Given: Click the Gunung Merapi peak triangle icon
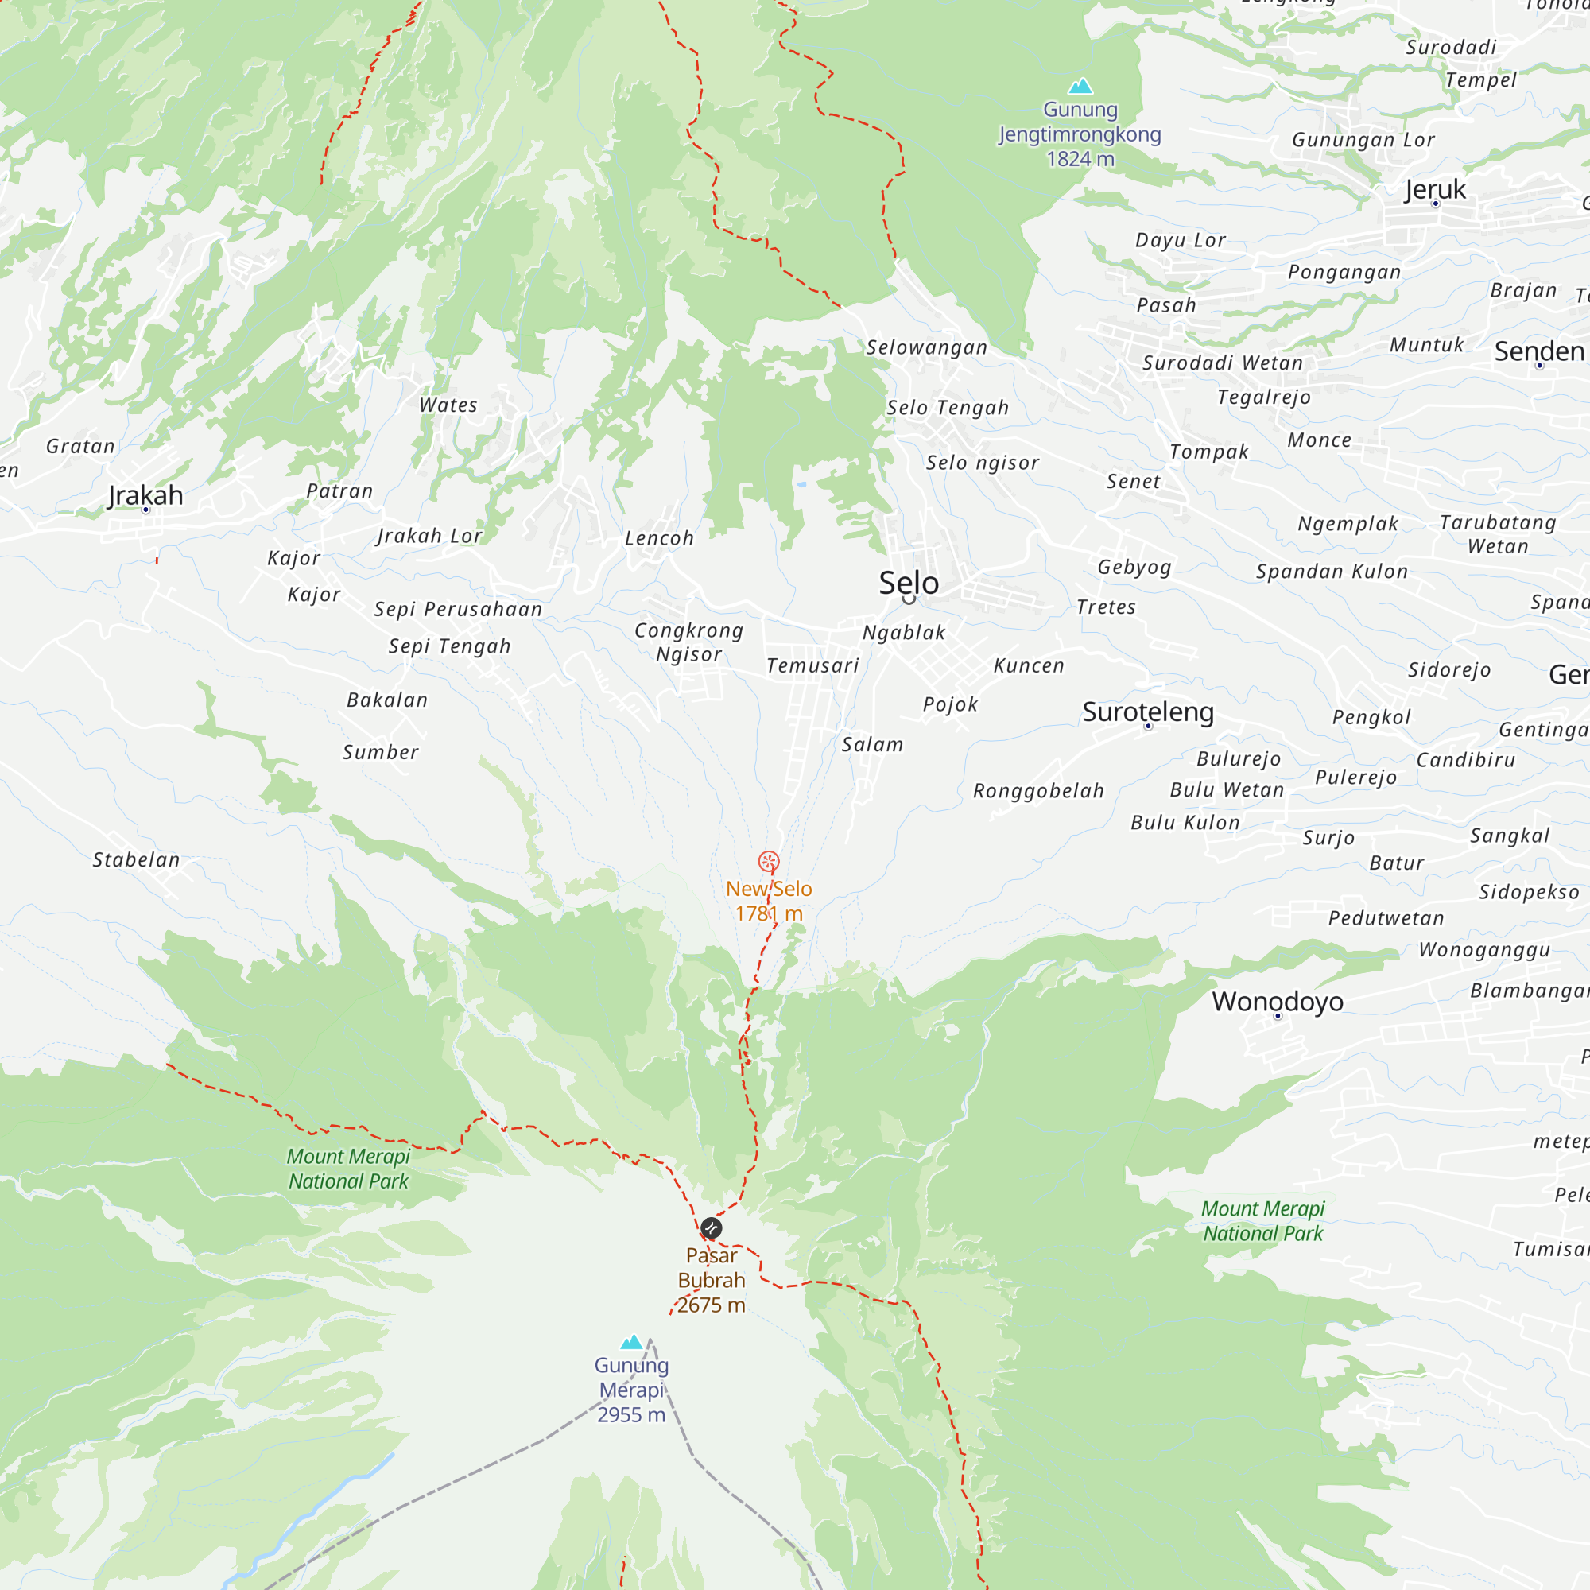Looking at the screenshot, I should [631, 1342].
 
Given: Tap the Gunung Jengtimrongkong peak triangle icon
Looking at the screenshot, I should [1080, 87].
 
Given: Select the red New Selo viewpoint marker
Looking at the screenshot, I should [769, 862].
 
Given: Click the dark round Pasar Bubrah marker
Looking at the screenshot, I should [711, 1229].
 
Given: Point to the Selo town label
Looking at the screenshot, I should [909, 583].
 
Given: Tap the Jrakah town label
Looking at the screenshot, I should [145, 495].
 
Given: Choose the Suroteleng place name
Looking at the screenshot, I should [1148, 712].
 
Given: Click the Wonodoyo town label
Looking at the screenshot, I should [1278, 1002].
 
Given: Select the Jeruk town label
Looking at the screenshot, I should [1435, 189].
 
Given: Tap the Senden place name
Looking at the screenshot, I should [1539, 351].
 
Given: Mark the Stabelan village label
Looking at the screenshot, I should [136, 860].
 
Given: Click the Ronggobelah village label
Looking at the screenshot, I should [1038, 791].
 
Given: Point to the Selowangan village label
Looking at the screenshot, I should [927, 347].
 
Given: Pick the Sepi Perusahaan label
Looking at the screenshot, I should [459, 609].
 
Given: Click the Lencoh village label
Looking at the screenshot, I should [659, 538].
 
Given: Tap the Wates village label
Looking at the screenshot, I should [448, 405].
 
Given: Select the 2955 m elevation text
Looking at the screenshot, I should [631, 1415].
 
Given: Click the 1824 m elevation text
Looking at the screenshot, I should [1080, 159].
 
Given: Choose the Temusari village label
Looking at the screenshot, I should [812, 665].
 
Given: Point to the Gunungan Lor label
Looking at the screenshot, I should [1363, 140].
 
